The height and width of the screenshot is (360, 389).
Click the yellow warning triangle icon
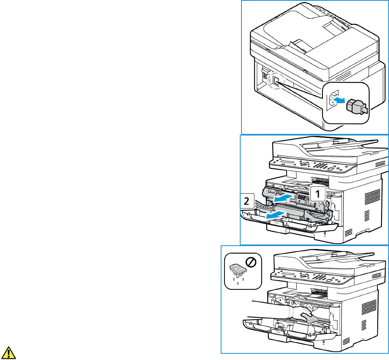pyautogui.click(x=9, y=352)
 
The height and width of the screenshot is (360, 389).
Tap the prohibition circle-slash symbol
pyautogui.click(x=251, y=262)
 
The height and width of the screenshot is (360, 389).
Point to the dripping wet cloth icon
pyautogui.click(x=235, y=271)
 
